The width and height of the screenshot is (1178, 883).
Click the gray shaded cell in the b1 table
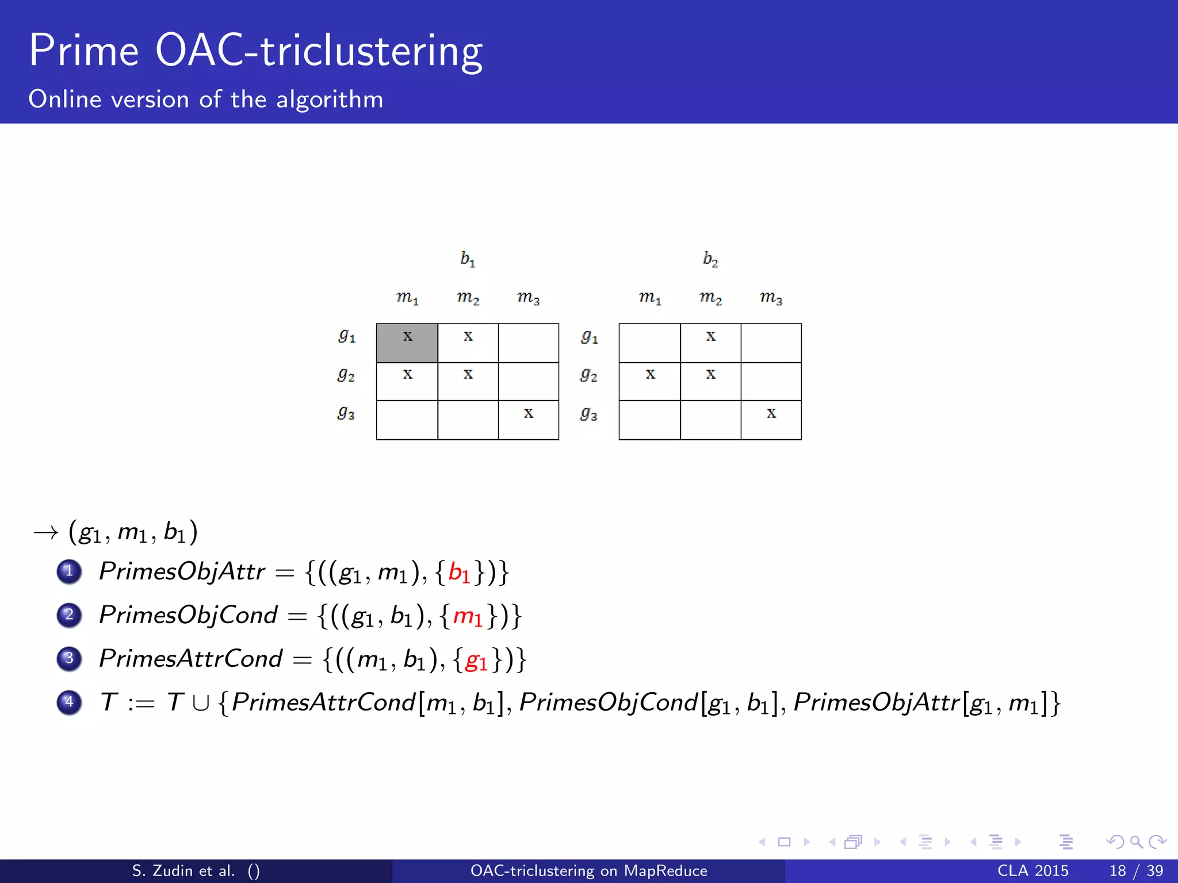tap(407, 343)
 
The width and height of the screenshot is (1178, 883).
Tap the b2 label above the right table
tap(710, 260)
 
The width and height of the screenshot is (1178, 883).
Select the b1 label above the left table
tap(468, 260)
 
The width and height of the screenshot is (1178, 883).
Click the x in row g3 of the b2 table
tap(771, 413)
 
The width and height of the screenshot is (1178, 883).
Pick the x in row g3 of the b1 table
tap(528, 413)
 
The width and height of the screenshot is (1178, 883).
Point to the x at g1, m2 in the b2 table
tap(711, 336)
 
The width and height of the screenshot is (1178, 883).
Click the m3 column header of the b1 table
tap(528, 298)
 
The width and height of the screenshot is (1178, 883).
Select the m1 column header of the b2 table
tap(650, 298)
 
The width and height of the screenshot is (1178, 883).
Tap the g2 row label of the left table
tap(346, 375)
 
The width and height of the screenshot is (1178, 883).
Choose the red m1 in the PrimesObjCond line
tap(468, 616)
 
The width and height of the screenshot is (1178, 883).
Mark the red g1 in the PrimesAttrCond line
tap(476, 660)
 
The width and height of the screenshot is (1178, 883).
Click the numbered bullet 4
tap(69, 702)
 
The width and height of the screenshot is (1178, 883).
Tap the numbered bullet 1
tap(69, 571)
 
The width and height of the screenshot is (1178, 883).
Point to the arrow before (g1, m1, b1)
tap(46, 533)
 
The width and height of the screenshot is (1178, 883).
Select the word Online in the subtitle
tap(65, 99)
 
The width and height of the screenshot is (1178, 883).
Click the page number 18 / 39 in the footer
tap(1135, 871)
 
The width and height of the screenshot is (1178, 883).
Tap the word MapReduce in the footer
tap(666, 871)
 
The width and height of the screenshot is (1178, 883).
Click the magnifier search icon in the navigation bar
tap(1136, 842)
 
